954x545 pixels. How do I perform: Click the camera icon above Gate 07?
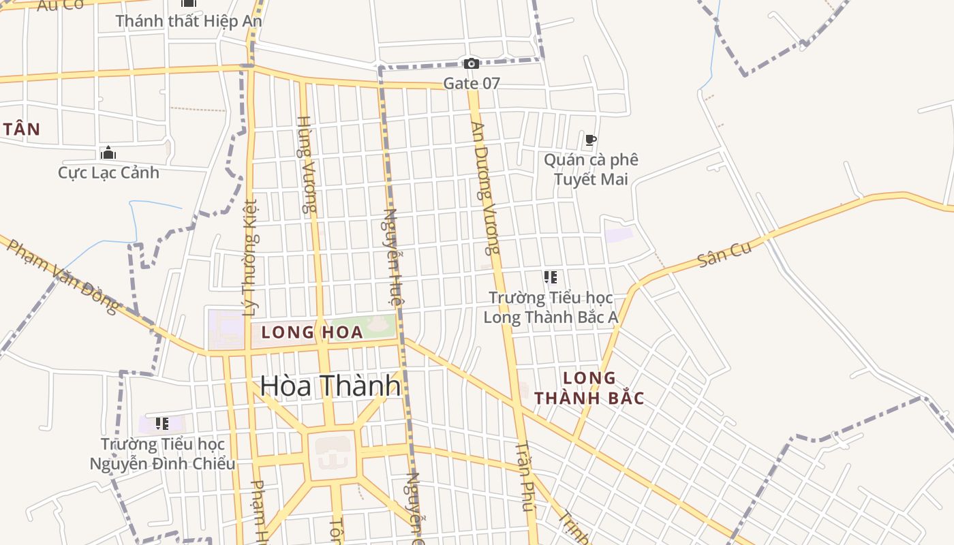471,63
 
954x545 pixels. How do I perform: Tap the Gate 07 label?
472,84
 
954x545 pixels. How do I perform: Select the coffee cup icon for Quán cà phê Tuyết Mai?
591,140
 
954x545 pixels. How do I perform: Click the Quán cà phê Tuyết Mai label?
591,169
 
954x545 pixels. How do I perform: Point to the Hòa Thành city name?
330,386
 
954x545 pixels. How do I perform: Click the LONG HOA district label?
312,332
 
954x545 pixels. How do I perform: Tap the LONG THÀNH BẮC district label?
589,388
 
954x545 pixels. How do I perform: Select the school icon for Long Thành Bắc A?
551,277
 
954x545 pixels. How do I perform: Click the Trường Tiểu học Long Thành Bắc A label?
551,307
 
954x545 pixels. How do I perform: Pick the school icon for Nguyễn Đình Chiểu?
162,424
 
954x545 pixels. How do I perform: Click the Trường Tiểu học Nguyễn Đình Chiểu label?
163,454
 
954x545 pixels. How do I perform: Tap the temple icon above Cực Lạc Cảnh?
108,153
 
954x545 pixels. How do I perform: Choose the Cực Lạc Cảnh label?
108,172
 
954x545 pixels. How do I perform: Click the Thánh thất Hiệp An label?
189,21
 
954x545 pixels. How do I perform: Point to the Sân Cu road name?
724,253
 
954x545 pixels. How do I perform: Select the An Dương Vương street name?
486,187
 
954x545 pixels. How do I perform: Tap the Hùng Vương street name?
307,165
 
